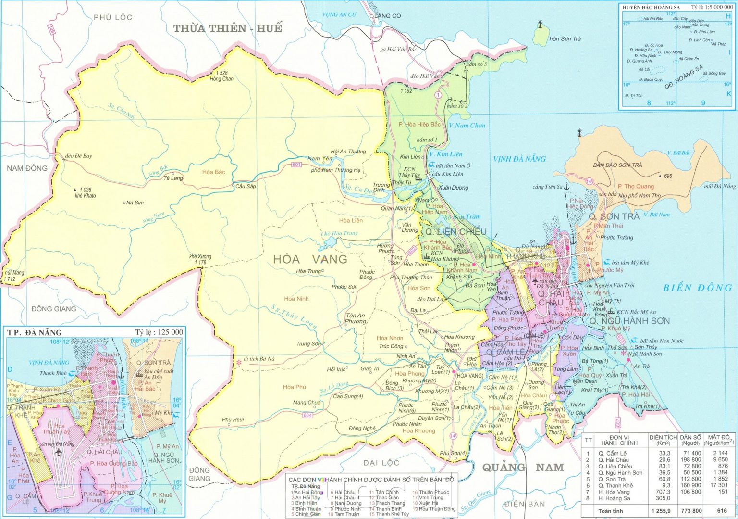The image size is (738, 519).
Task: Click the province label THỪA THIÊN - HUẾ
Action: [227, 28]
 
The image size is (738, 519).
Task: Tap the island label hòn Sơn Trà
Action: [565, 39]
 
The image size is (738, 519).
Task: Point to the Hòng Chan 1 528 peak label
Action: [221, 76]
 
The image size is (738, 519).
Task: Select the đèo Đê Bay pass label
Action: [78, 156]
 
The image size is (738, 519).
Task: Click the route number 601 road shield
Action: [296, 165]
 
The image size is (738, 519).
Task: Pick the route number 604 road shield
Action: [307, 415]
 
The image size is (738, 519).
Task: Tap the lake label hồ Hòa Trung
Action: [340, 233]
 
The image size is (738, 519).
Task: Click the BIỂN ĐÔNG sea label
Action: [700, 288]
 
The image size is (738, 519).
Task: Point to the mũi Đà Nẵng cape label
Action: [719, 187]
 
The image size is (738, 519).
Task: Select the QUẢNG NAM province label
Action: [523, 468]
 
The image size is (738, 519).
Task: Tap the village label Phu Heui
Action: [233, 420]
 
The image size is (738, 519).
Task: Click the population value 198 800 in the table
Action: [690, 460]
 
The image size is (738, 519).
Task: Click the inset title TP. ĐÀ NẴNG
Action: [35, 332]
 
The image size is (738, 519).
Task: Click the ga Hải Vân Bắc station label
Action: [398, 49]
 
